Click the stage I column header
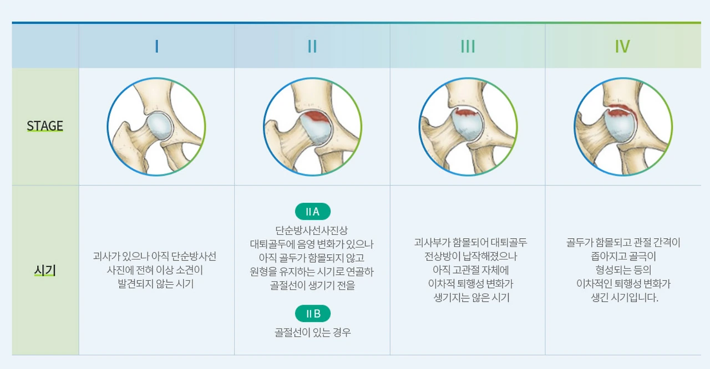click(x=157, y=47)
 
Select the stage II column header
click(x=312, y=47)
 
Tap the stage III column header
click(x=468, y=47)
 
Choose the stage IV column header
click(x=622, y=47)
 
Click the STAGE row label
click(x=45, y=126)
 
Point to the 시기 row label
click(x=45, y=271)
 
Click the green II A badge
click(x=312, y=212)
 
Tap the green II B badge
click(x=312, y=314)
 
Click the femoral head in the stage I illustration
click(x=160, y=126)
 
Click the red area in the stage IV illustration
click(x=622, y=109)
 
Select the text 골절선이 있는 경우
click(x=312, y=332)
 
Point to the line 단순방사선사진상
click(x=312, y=230)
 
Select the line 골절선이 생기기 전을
click(x=312, y=286)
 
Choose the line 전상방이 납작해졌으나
click(x=471, y=257)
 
